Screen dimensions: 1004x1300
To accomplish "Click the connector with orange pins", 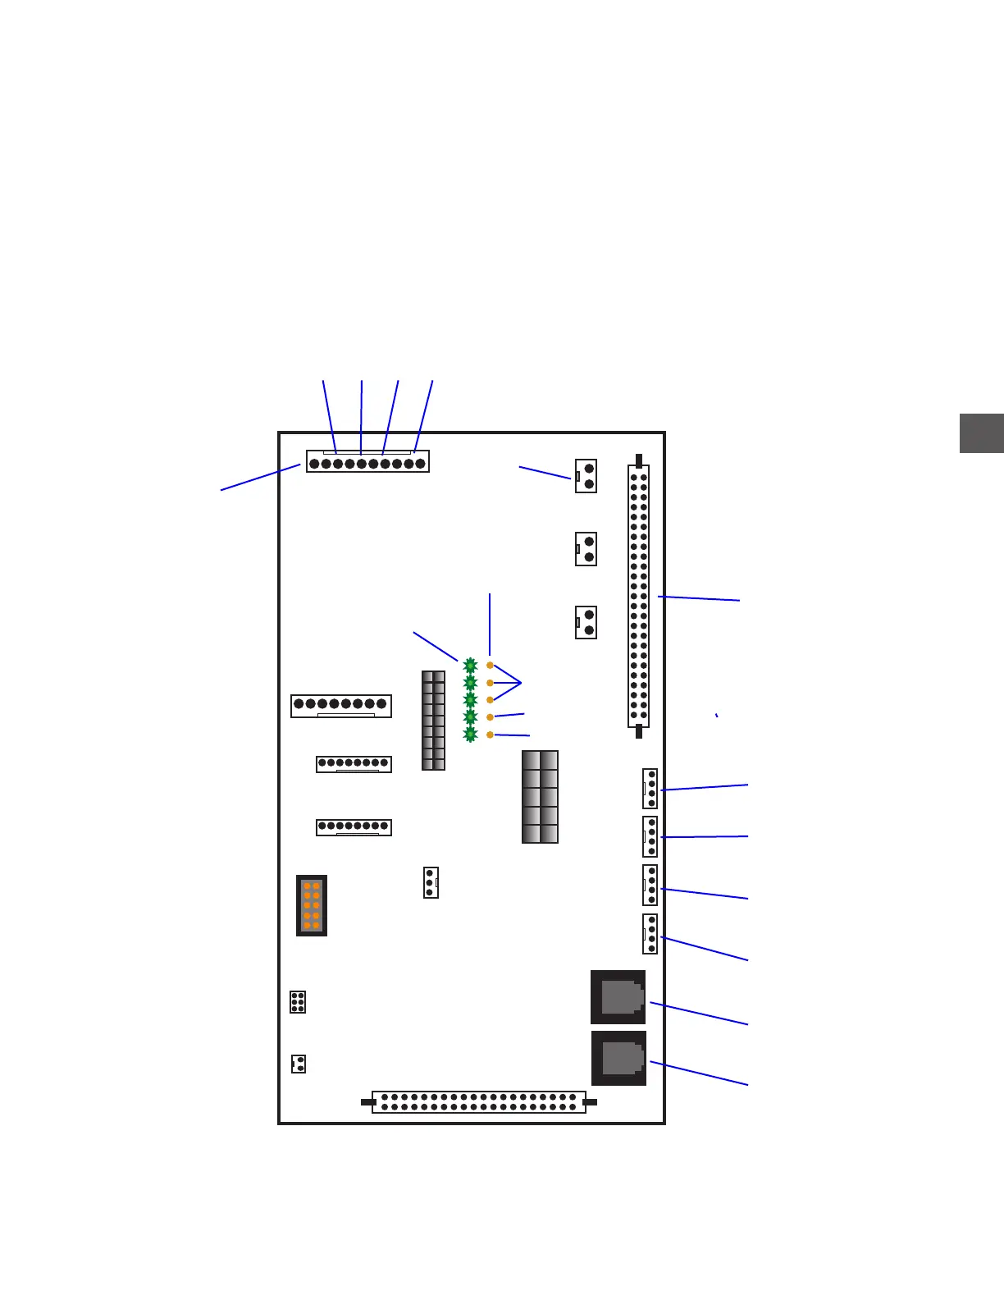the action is point(312,905).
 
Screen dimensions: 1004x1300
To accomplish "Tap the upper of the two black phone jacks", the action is point(618,997).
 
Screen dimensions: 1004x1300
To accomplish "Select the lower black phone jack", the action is point(618,1058).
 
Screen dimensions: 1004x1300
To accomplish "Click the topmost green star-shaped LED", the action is point(470,666).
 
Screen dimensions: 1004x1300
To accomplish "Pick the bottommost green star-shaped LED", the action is point(470,735).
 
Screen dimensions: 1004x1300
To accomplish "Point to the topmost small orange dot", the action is point(490,666).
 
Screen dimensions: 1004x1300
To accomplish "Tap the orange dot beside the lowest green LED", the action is point(490,735).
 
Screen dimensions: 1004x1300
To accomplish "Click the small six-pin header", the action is point(298,1002).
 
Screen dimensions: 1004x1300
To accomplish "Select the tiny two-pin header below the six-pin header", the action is point(299,1064).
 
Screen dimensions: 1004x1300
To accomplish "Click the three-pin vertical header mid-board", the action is point(431,882).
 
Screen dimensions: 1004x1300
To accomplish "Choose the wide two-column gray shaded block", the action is point(540,797).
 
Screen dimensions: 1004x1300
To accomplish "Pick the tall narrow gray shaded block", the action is point(433,721).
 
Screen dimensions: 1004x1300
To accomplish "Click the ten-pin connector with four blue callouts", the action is point(367,462).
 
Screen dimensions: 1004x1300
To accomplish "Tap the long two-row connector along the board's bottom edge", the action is point(479,1102).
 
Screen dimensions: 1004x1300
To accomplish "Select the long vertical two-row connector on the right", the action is point(638,597).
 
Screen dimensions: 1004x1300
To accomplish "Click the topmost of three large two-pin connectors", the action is point(586,476).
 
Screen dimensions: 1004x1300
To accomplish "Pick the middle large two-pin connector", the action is point(586,549).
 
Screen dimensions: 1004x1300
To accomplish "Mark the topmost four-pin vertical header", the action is point(650,789).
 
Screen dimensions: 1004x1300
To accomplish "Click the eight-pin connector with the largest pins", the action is point(341,705).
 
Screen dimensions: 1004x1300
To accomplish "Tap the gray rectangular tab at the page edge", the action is point(982,433).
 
